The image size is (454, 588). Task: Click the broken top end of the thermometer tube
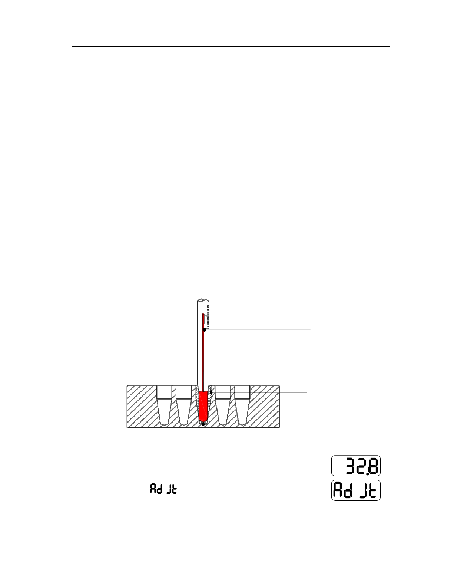[203, 300]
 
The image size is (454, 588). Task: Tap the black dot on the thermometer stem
[205, 330]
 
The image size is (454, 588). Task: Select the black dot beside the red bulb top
[211, 392]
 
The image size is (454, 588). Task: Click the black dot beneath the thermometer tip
[203, 424]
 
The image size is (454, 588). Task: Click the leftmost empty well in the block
[164, 404]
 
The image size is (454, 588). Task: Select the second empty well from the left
[184, 404]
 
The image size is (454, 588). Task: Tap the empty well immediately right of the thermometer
[223, 404]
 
